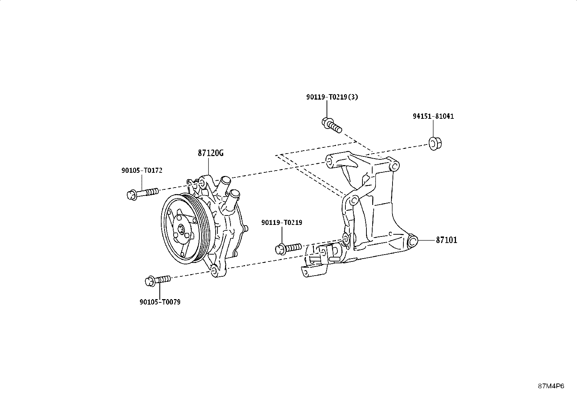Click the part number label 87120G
(211, 153)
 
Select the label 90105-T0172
(142, 171)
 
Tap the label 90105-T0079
(160, 302)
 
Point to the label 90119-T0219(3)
(332, 97)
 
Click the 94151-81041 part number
(433, 116)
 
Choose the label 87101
(447, 240)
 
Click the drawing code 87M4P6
(551, 386)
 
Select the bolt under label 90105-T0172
(143, 194)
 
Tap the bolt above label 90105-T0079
(158, 280)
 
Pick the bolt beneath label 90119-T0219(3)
(332, 125)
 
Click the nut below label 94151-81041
(435, 144)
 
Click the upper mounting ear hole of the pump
(203, 184)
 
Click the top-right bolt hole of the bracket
(394, 166)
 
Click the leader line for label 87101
(426, 240)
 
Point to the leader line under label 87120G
(208, 167)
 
